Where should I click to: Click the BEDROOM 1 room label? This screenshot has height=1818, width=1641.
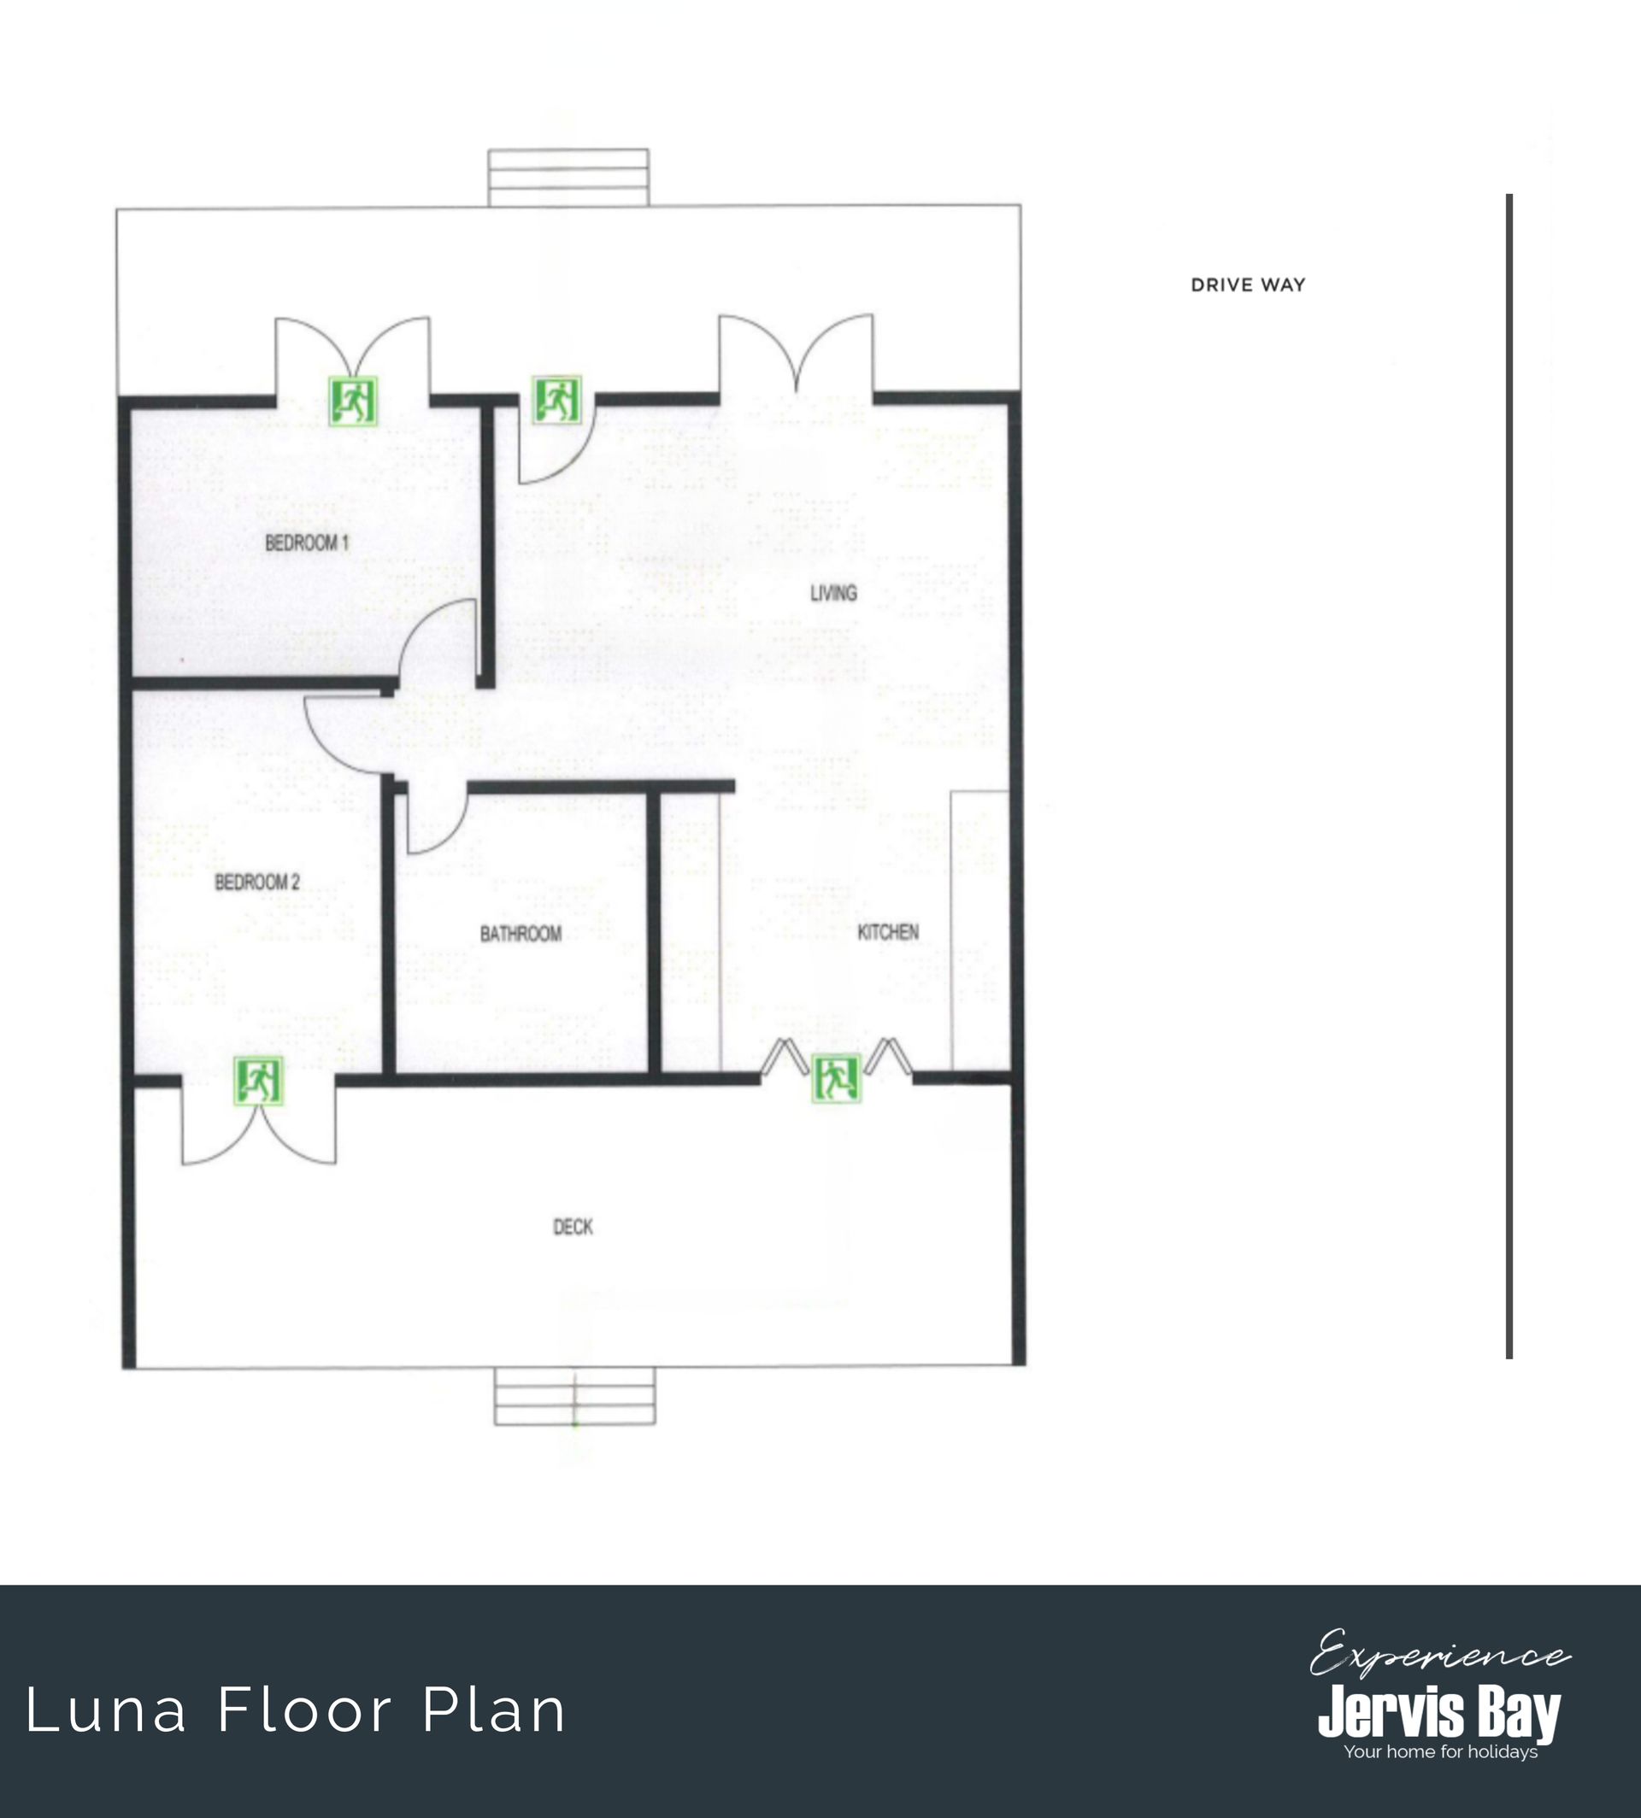(x=307, y=542)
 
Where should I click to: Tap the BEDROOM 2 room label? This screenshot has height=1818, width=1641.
(x=257, y=882)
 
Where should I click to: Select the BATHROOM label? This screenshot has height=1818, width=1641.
(x=521, y=933)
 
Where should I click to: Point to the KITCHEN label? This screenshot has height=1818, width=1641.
(x=888, y=931)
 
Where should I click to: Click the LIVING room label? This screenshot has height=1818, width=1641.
(x=833, y=592)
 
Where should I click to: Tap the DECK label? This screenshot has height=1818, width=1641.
(x=573, y=1227)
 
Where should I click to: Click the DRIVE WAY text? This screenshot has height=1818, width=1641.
(x=1248, y=284)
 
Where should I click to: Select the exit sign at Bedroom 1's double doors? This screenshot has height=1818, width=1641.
(x=352, y=401)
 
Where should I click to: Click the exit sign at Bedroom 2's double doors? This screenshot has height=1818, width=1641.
(x=259, y=1082)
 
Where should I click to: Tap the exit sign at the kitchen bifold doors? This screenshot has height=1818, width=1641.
(x=837, y=1078)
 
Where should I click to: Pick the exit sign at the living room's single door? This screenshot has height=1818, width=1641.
(x=556, y=399)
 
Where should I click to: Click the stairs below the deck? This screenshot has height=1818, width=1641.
(x=574, y=1396)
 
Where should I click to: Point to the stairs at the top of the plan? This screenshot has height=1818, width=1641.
(x=568, y=178)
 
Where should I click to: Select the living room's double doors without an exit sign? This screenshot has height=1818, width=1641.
(x=797, y=354)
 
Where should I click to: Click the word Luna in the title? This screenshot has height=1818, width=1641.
(x=106, y=1710)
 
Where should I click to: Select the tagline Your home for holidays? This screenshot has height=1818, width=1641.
(x=1441, y=1752)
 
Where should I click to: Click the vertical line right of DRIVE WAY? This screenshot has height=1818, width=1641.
(x=1509, y=775)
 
